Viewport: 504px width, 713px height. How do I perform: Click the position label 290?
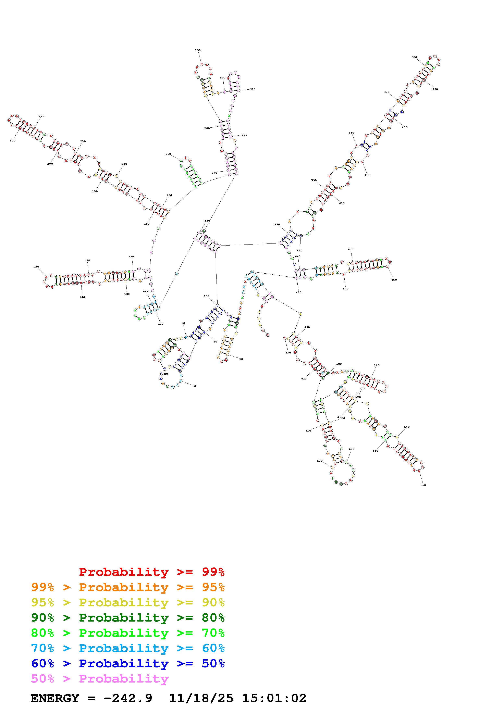(198, 50)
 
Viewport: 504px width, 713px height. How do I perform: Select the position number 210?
(12, 141)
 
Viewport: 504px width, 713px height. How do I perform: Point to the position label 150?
(36, 267)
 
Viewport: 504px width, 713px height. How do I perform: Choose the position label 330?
(207, 221)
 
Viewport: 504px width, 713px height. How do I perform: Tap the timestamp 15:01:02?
(274, 698)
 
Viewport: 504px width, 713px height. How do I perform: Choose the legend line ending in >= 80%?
(128, 618)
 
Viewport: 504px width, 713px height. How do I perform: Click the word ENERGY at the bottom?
(55, 698)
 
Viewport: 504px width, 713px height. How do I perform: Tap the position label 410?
(367, 175)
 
